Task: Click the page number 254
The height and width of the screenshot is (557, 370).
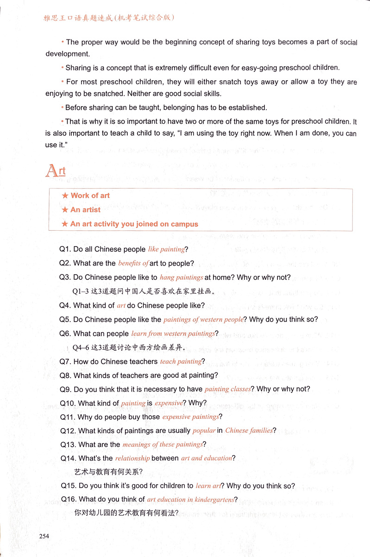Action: click(x=44, y=536)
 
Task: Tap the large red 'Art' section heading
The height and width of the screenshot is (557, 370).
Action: click(x=55, y=171)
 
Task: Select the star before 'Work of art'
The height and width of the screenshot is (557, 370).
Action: click(x=65, y=196)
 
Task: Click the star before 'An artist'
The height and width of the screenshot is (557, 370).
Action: click(x=65, y=210)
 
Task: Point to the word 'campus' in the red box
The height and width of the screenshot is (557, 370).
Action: click(x=184, y=224)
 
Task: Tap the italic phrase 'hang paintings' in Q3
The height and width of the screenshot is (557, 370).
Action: click(x=181, y=278)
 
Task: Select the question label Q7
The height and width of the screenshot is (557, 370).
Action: click(x=65, y=361)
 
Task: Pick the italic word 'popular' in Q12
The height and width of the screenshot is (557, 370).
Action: click(x=204, y=430)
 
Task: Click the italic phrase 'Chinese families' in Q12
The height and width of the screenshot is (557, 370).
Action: click(x=249, y=430)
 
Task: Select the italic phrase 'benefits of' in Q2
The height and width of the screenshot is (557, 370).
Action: click(x=133, y=263)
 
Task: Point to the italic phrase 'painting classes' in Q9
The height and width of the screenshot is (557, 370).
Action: click(x=227, y=389)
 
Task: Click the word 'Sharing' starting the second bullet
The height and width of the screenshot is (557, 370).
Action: click(x=78, y=68)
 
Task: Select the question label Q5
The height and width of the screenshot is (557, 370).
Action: click(x=65, y=319)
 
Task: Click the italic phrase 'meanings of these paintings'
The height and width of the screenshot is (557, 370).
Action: click(x=163, y=444)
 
